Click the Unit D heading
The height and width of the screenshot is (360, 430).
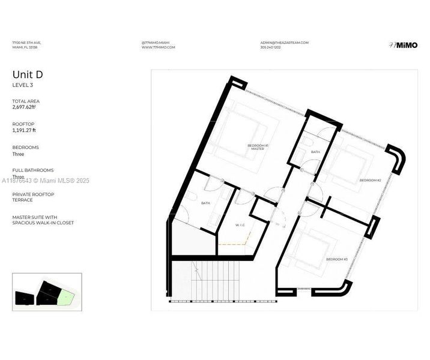[x=28, y=75]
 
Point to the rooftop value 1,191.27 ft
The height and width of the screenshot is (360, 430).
[x=24, y=130]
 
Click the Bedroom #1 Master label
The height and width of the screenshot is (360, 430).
[x=258, y=147]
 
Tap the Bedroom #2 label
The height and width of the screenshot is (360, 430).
[x=371, y=180]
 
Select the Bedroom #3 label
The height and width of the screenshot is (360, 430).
[x=337, y=259]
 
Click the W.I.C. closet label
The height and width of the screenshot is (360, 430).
[x=240, y=225]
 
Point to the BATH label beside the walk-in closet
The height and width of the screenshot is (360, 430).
[x=205, y=203]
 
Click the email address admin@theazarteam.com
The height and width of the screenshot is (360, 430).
[x=284, y=43]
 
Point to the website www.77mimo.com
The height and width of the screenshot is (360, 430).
[x=158, y=47]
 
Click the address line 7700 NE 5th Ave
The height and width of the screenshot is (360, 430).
[x=26, y=43]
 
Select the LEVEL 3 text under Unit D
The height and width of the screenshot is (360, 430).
[x=23, y=85]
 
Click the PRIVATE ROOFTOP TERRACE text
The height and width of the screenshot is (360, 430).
[x=33, y=197]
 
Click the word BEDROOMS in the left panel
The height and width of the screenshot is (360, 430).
[x=25, y=147]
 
